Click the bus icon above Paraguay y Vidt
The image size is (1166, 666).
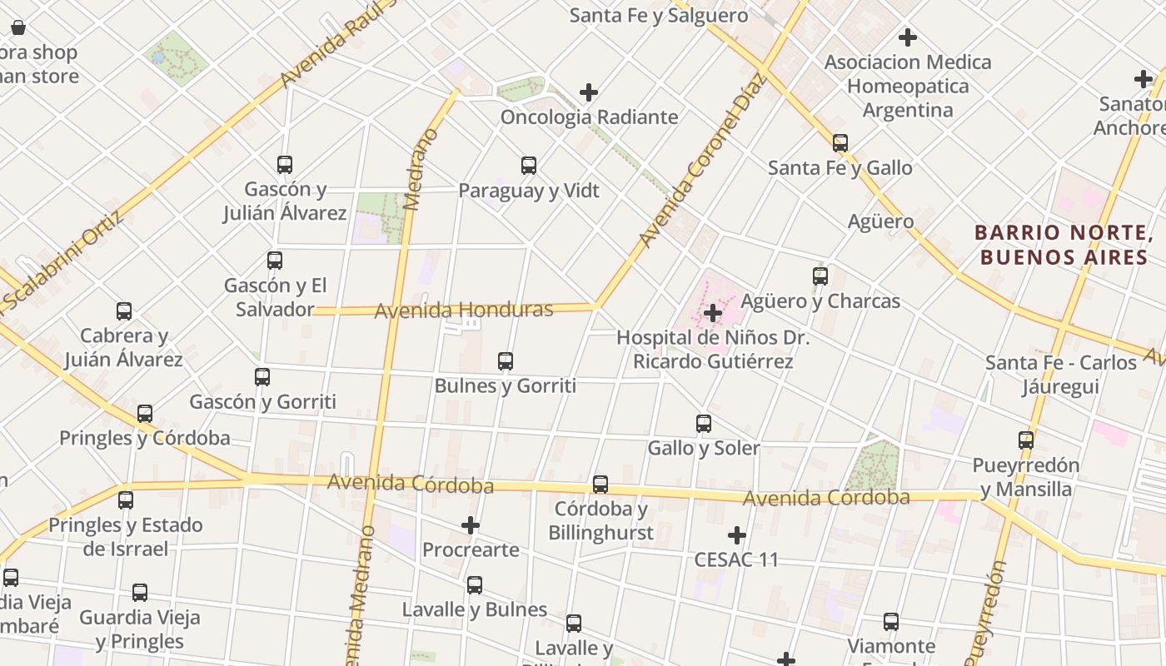[x=529, y=165]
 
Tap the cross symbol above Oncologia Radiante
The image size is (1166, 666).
[x=589, y=92]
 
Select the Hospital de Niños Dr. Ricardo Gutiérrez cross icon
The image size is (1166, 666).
[x=713, y=313]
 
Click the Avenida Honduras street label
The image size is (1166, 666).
[x=463, y=311]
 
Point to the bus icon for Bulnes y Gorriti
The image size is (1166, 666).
[x=505, y=361]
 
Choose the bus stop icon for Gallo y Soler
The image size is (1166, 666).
[x=704, y=424]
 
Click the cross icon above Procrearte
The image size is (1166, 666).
[x=471, y=525]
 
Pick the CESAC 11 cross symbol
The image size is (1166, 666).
[x=737, y=535]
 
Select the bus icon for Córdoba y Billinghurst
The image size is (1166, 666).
[x=600, y=485]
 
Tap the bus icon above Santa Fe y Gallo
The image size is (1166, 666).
[x=840, y=143]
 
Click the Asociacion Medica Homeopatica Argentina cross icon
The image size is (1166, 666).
[x=908, y=37]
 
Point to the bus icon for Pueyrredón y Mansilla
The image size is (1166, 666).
[x=1026, y=440]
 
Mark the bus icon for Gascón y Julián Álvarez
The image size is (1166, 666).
[x=285, y=165]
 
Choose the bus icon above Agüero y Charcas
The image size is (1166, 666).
[x=820, y=276]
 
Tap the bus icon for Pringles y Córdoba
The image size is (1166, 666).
[x=145, y=414]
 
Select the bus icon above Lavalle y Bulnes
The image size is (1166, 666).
[x=475, y=585]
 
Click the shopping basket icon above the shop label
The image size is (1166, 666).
[x=18, y=27]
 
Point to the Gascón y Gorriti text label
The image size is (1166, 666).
[x=263, y=402]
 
